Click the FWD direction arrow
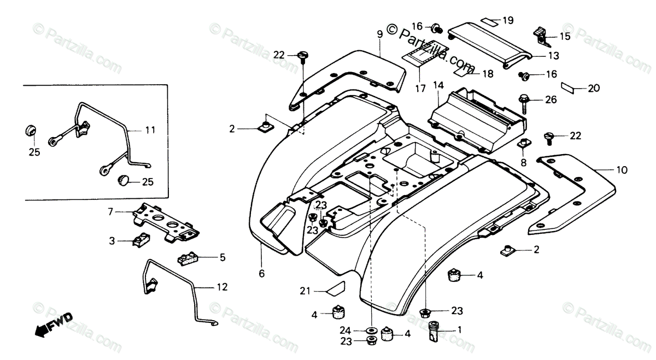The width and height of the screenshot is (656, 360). (52, 323)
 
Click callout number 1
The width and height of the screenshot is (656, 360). (460, 329)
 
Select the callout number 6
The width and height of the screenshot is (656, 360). (261, 274)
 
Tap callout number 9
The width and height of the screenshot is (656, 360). (379, 34)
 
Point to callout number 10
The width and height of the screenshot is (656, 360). (622, 170)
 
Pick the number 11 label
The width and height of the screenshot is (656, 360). (150, 130)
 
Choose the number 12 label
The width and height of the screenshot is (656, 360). (222, 287)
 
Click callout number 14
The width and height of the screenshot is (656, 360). (438, 85)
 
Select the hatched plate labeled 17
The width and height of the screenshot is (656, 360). (429, 55)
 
